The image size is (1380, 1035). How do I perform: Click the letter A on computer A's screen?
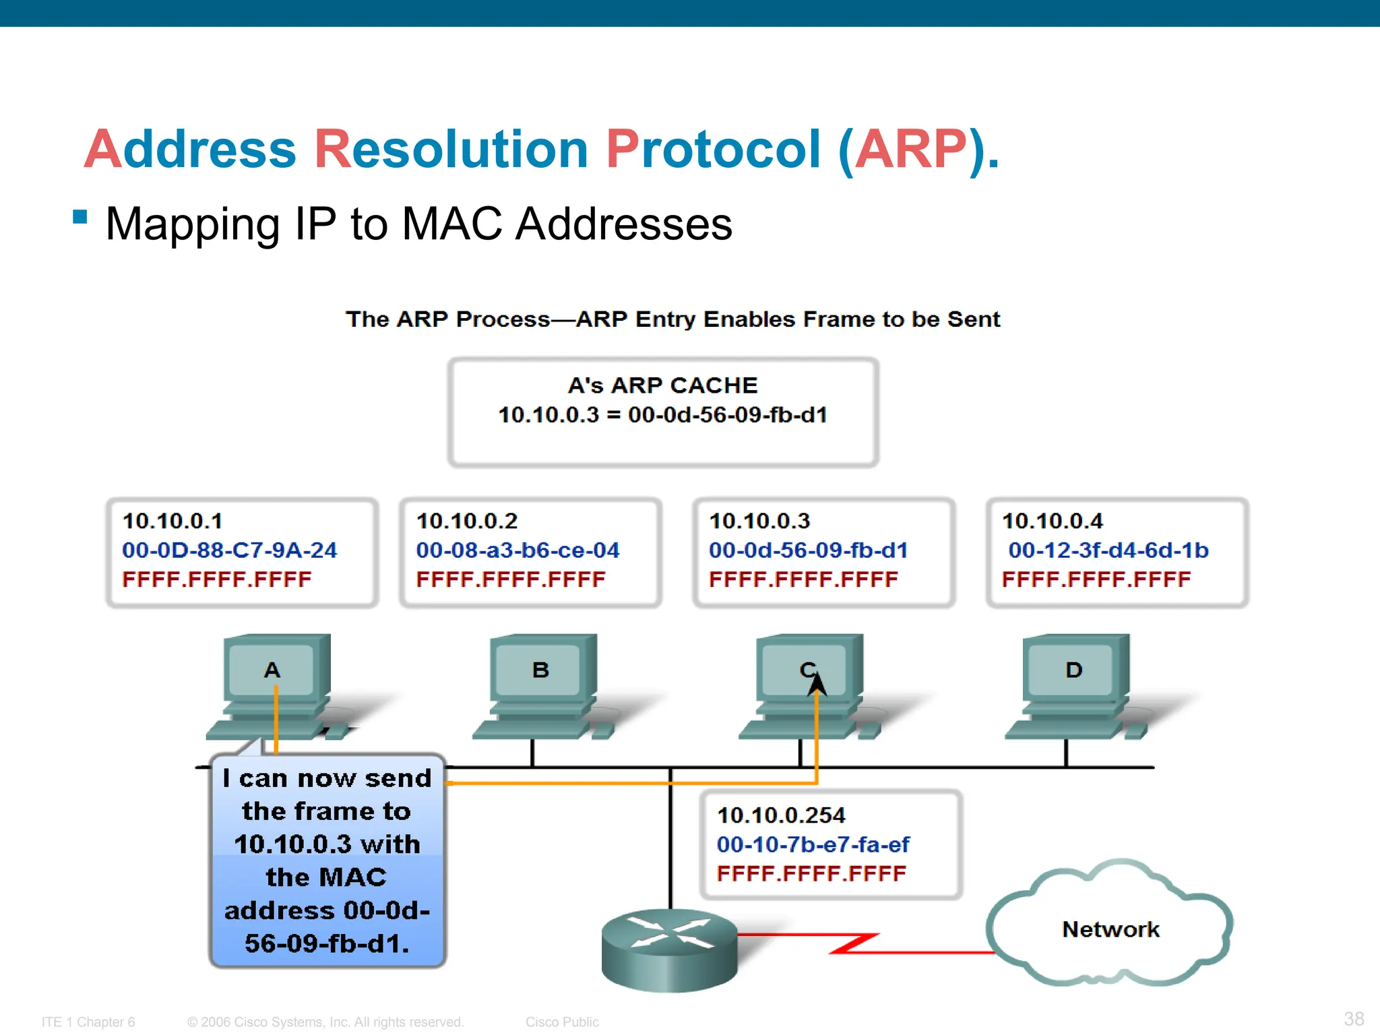pos(272,670)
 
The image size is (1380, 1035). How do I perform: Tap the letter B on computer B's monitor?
pos(540,670)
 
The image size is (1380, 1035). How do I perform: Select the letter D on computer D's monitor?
pos(1074,670)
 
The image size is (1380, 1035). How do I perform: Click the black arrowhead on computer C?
pos(817,684)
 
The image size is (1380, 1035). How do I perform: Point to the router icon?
pos(669,950)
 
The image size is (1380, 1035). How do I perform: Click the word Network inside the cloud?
pos(1110,930)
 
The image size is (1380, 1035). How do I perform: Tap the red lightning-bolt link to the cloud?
pos(854,943)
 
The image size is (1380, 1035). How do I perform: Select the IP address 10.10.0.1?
pos(172,521)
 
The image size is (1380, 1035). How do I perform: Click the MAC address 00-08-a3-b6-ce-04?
pos(517,551)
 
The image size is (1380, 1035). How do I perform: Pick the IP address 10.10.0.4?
pos(1053,521)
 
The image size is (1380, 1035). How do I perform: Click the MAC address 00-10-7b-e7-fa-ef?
pos(813,844)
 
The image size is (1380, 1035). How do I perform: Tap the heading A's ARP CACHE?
pos(662,385)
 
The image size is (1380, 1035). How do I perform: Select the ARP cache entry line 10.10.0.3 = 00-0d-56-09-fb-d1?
pos(662,415)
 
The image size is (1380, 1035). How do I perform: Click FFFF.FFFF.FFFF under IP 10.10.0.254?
pos(811,874)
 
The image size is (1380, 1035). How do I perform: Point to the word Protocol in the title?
pos(713,149)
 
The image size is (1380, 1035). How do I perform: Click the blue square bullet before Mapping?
pos(80,217)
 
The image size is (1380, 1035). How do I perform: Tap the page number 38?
pos(1354,1018)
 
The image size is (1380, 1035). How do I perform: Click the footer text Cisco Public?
pos(562,1022)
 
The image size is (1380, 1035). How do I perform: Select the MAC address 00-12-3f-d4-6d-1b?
pos(1108,551)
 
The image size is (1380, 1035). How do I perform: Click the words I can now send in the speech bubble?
pos(327,779)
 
